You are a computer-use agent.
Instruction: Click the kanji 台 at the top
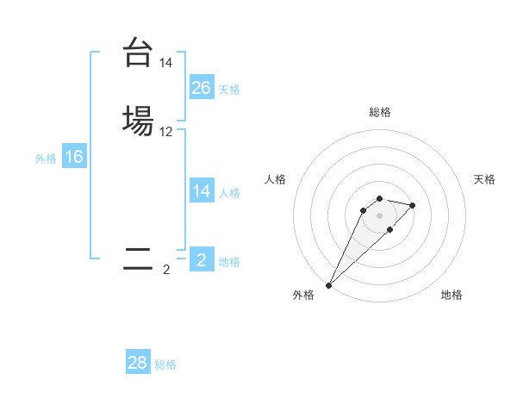[137, 53]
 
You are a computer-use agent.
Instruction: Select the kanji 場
[137, 121]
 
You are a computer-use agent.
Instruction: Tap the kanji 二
[137, 259]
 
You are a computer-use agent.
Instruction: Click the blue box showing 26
[202, 87]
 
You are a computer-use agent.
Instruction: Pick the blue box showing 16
[74, 157]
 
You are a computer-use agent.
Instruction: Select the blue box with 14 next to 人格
[202, 191]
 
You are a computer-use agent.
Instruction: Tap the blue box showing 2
[202, 260]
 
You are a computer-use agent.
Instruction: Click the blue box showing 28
[138, 363]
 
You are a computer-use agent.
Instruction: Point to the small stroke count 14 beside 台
[165, 64]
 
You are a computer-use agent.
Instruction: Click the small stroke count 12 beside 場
[165, 132]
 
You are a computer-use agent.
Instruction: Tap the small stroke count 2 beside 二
[166, 270]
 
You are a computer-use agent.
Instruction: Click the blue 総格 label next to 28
[165, 364]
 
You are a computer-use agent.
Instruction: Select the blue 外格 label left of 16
[46, 159]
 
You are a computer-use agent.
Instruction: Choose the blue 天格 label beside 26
[229, 89]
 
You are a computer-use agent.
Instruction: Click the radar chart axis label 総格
[379, 112]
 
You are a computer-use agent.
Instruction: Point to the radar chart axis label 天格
[484, 179]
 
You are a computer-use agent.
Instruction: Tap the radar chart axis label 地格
[452, 295]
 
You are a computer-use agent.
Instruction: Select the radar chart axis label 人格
[275, 179]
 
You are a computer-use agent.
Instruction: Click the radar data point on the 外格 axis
[328, 285]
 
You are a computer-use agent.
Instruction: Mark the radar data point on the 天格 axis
[413, 205]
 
